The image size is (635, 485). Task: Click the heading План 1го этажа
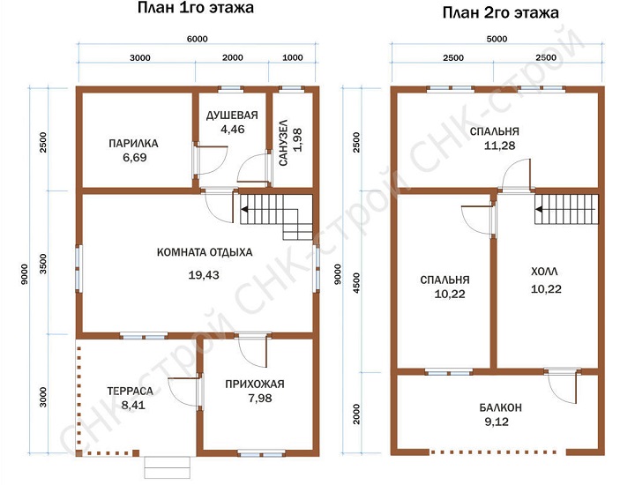click(196, 8)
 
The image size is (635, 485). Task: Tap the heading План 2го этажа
click(501, 12)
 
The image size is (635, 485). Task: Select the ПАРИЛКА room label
click(134, 144)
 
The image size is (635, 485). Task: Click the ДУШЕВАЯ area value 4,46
click(233, 129)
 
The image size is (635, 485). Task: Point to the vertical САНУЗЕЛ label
click(283, 142)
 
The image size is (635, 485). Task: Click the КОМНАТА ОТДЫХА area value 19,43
click(204, 275)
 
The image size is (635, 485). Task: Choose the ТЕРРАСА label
click(131, 391)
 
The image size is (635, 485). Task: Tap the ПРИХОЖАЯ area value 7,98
click(260, 399)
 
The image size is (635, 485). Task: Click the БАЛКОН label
click(501, 407)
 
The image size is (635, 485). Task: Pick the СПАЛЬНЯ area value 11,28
click(500, 145)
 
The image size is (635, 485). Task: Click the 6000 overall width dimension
click(198, 39)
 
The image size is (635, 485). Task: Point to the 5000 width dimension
click(497, 39)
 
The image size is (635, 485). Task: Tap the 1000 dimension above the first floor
click(293, 57)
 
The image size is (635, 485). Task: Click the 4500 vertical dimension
click(356, 283)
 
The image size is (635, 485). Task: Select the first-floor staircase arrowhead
click(244, 209)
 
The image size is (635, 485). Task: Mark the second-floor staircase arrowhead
click(539, 209)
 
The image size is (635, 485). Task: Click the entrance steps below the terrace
click(168, 467)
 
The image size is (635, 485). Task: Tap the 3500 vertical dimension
click(43, 264)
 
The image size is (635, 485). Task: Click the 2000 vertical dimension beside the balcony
click(356, 414)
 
